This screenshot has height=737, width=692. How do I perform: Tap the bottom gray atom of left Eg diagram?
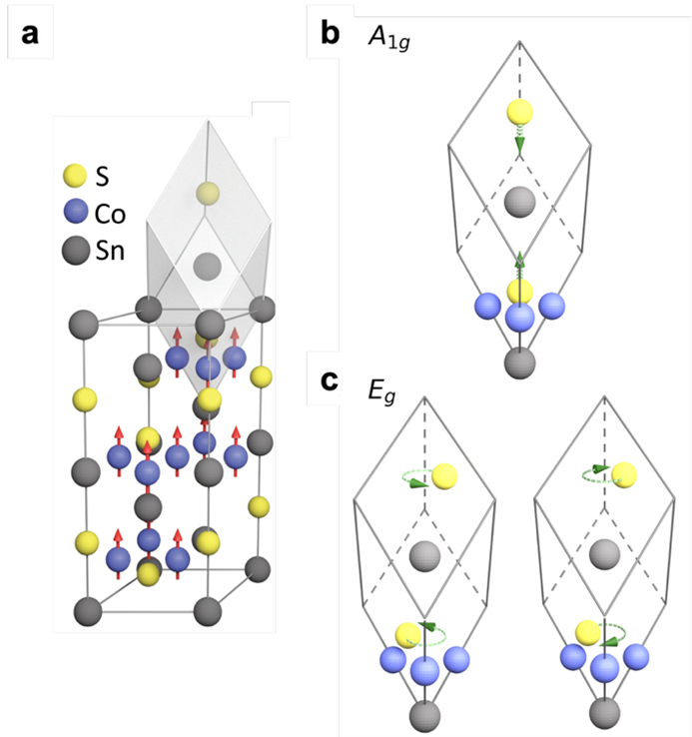point(423,715)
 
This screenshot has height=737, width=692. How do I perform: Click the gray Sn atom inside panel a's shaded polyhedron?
point(207,266)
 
